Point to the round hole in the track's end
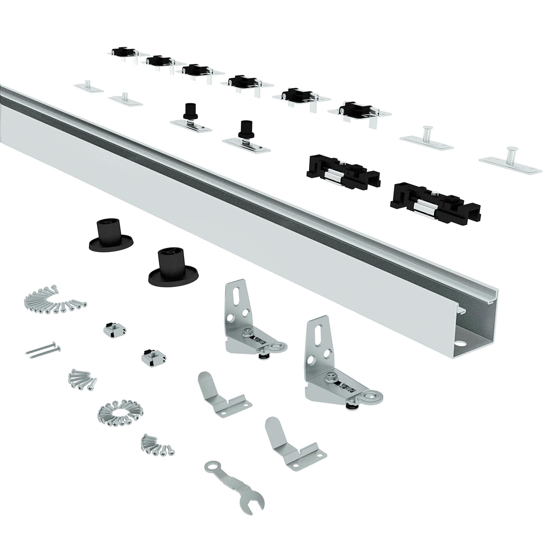462,345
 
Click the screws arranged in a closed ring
120,411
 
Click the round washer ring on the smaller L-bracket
277,345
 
